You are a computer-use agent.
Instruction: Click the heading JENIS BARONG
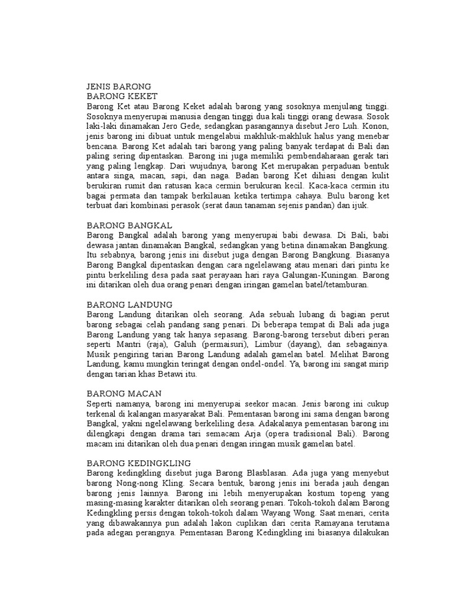[119, 86]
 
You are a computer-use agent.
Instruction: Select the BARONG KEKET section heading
[122, 96]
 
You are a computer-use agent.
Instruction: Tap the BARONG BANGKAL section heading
[129, 225]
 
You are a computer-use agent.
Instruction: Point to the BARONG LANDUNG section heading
[130, 304]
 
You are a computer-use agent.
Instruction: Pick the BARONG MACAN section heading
[124, 393]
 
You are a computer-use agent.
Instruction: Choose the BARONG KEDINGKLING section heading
[139, 463]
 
